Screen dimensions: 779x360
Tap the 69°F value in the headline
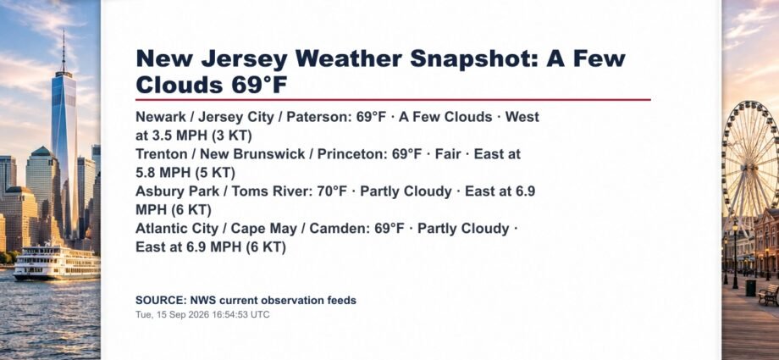point(259,85)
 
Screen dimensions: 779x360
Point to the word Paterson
point(317,117)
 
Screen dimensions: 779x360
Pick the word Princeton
point(351,154)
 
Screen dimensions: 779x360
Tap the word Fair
point(448,154)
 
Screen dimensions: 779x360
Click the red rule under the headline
point(393,99)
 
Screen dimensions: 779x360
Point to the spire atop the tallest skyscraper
point(64,51)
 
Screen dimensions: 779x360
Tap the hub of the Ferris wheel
point(751,163)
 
